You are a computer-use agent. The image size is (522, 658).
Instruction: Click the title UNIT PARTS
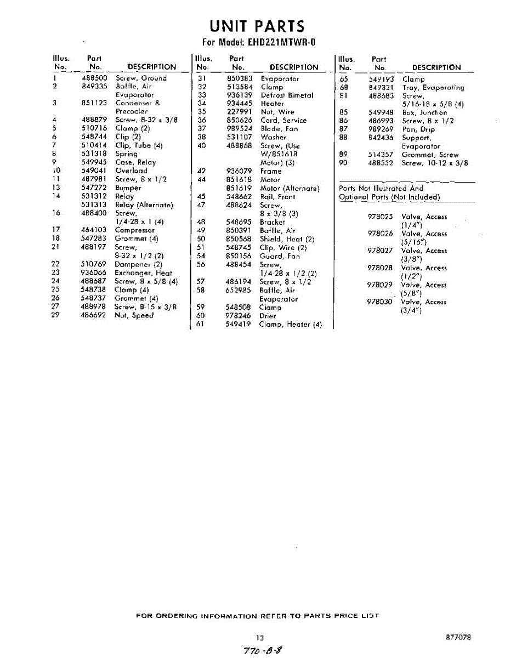coord(258,26)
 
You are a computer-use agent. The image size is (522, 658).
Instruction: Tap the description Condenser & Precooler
coord(137,107)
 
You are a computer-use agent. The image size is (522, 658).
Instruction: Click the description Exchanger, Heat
coord(143,273)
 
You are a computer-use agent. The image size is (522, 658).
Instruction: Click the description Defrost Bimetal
coord(287,95)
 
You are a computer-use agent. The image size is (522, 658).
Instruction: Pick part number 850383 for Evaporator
coord(239,78)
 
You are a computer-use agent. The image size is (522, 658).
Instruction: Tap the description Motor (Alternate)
coord(290,188)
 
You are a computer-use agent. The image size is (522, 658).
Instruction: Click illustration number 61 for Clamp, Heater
coord(201,324)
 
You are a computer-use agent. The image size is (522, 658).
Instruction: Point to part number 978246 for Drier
coord(239,316)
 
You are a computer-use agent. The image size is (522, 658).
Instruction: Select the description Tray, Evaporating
coord(433,88)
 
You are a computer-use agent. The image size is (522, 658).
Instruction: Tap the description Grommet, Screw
coord(430,155)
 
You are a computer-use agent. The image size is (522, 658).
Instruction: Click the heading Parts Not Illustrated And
coord(381,188)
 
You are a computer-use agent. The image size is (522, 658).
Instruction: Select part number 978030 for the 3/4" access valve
coord(380,302)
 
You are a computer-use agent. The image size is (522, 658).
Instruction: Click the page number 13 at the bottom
coord(260,637)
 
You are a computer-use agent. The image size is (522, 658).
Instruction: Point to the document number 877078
coord(458,637)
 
